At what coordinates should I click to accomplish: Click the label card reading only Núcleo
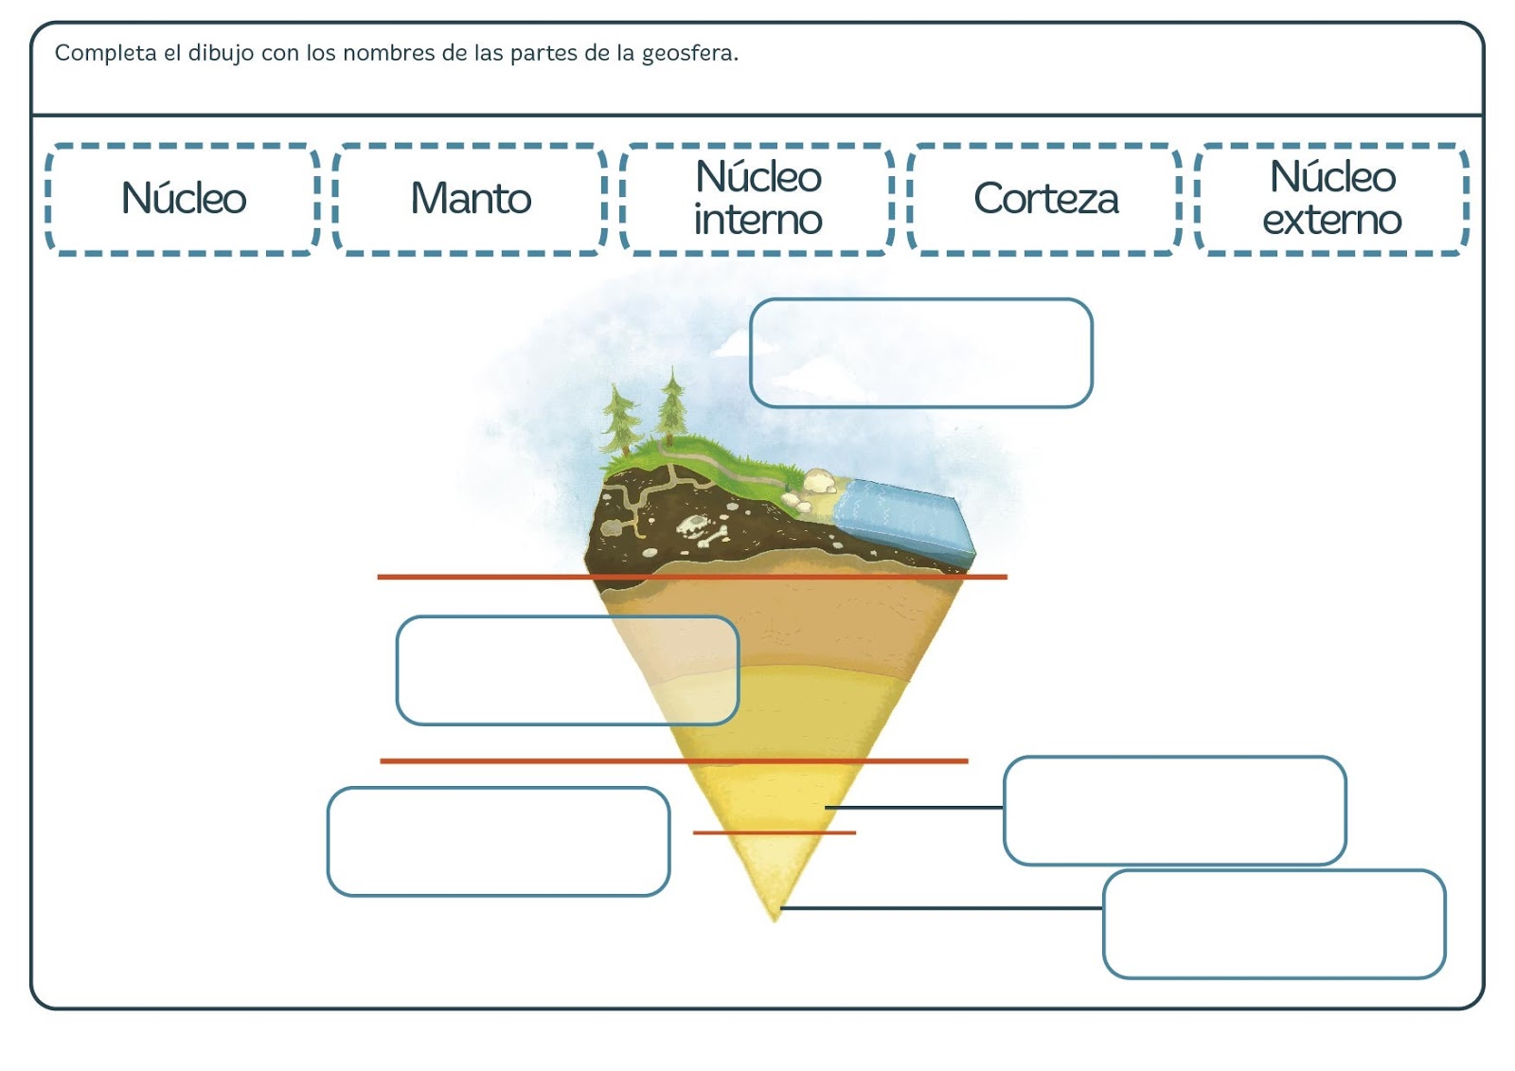183,199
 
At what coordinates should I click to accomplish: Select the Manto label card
471,199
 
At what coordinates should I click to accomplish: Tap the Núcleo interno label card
757,199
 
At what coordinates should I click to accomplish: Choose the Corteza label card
1045,199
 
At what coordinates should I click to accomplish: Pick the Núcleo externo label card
1332,199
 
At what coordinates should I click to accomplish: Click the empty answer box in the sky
920,353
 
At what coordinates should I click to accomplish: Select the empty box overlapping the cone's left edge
566,670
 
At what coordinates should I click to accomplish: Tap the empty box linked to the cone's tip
1274,924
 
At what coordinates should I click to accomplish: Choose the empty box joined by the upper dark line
1174,811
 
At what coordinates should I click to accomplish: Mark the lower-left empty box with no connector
498,842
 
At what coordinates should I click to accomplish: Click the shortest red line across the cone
775,833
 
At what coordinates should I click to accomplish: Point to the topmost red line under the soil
691,577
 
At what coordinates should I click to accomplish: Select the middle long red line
673,760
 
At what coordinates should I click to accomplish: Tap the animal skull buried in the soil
698,528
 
